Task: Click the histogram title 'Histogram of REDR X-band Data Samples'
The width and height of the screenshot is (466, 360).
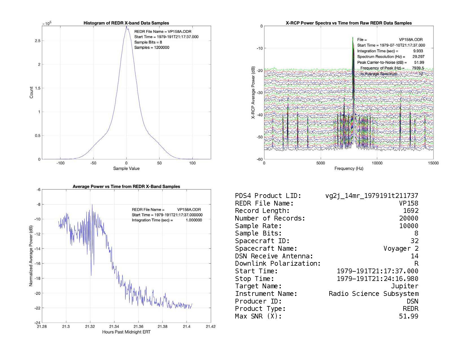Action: [126, 23]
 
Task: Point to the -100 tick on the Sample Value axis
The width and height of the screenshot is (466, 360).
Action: [60, 163]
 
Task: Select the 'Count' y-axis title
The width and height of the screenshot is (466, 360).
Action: [31, 93]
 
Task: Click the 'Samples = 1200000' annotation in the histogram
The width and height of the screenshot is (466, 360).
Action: [152, 47]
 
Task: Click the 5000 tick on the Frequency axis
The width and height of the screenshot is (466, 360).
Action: [321, 163]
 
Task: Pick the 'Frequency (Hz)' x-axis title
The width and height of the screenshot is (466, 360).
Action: [349, 169]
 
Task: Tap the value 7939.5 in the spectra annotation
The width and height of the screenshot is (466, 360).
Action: [418, 68]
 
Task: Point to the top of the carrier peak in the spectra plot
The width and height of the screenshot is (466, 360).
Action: [353, 38]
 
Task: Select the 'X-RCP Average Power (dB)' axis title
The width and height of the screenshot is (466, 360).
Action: [253, 93]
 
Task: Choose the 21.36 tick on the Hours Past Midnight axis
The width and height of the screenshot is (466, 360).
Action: [138, 327]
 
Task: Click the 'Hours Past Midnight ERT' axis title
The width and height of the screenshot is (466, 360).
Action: [126, 332]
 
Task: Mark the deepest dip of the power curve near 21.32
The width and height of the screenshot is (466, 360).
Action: [91, 275]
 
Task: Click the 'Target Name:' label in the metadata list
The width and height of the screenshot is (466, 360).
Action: [258, 286]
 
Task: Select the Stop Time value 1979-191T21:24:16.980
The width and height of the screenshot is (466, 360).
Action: [378, 279]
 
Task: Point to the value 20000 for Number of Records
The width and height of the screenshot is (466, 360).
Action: [409, 218]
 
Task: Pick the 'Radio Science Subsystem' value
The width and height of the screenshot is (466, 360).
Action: [373, 294]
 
